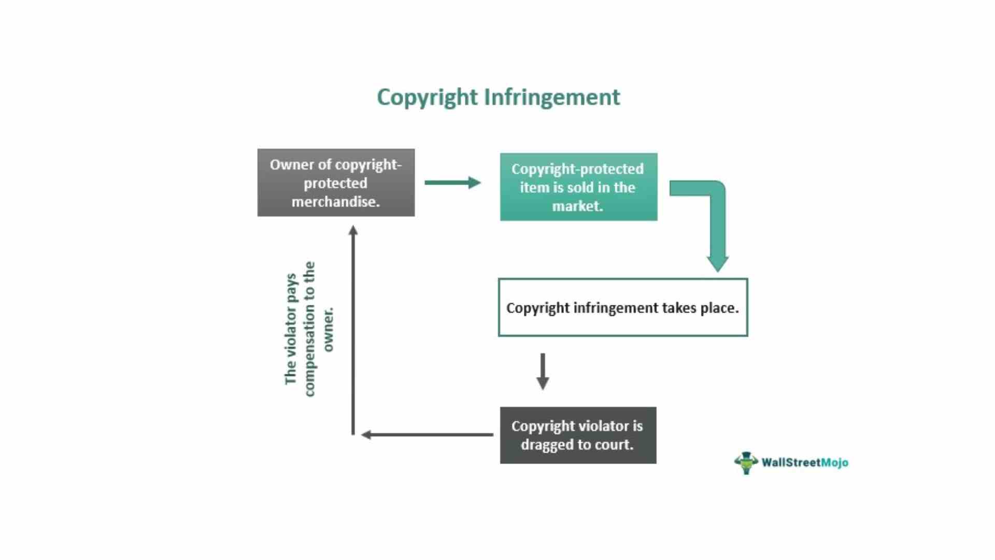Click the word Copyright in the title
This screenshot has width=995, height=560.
point(427,97)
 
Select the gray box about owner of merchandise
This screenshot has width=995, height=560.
point(336,183)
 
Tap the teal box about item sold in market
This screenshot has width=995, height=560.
point(578,187)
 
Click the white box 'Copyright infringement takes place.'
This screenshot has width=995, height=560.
point(622,307)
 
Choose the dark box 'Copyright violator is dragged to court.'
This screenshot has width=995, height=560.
point(578,435)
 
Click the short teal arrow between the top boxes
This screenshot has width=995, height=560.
point(452,183)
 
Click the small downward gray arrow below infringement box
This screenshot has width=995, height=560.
point(543,372)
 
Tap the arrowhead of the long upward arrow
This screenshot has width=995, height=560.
point(353,231)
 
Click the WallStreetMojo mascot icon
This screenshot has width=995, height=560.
point(746,463)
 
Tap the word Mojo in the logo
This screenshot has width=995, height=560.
point(834,463)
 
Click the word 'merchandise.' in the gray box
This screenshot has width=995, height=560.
point(335,202)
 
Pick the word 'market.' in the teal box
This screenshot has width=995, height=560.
point(577,206)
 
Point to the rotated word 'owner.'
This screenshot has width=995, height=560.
point(328,330)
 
